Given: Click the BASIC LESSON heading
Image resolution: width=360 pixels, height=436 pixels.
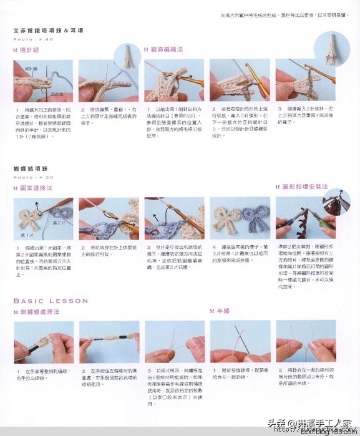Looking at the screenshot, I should (51, 301).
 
